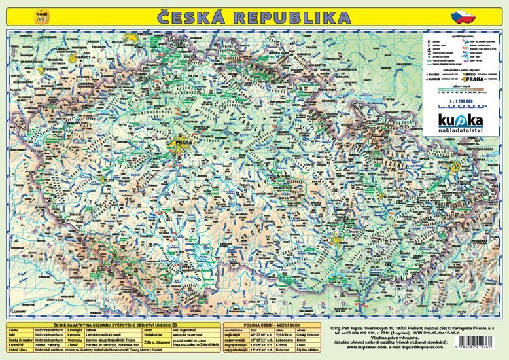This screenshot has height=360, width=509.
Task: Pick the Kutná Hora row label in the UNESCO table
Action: click(x=17, y=351)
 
